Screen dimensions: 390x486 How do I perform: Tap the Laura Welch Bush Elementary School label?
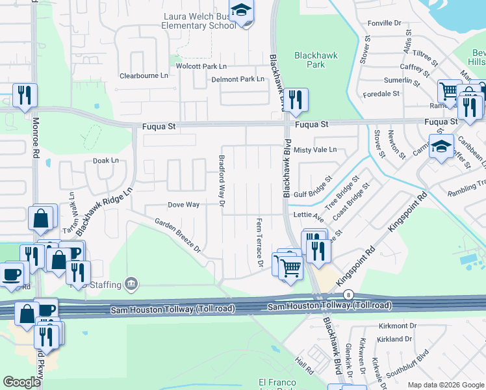click(199, 21)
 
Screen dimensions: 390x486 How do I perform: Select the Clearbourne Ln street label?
click(144, 76)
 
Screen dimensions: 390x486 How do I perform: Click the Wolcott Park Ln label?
click(201, 66)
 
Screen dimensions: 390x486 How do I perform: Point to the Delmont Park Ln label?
click(238, 79)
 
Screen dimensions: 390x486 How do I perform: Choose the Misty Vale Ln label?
click(315, 149)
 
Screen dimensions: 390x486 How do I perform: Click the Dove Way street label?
click(183, 205)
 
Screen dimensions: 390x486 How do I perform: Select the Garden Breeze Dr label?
click(177, 235)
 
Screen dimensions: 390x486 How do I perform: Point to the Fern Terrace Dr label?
click(259, 242)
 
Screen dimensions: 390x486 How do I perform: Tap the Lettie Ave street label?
click(308, 214)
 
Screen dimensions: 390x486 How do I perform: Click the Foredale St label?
click(381, 94)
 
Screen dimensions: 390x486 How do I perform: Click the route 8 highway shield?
click(348, 294)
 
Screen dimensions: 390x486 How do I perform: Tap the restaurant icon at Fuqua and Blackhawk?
click(296, 99)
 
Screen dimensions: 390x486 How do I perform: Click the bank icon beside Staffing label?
click(131, 283)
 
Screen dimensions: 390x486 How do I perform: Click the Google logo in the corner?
click(21, 382)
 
